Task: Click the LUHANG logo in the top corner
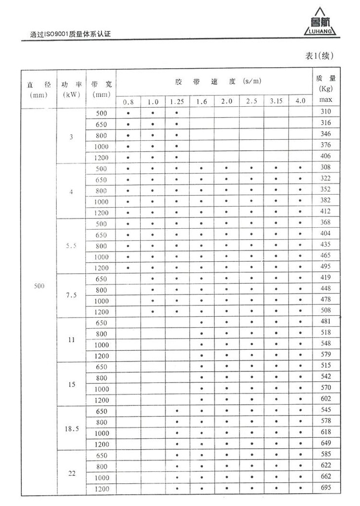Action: click(320, 24)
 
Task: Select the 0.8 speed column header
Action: click(128, 101)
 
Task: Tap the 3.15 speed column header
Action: click(276, 101)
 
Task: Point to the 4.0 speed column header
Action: click(300, 101)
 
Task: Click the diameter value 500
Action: click(40, 286)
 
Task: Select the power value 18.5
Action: click(72, 428)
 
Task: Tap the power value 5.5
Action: click(72, 246)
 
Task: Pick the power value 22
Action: click(72, 473)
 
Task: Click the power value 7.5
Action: click(72, 295)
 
